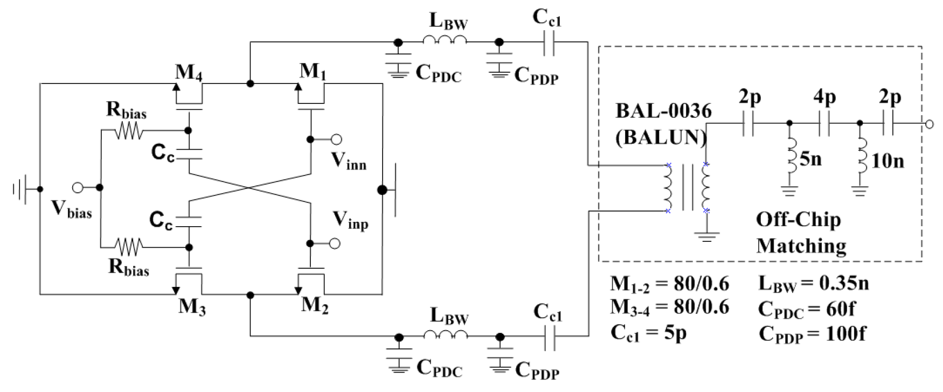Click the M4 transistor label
click(188, 72)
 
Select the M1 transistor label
click(312, 71)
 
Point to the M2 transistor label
click(315, 305)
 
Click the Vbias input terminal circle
click(78, 187)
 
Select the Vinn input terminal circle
click(336, 139)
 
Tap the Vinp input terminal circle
click(335, 243)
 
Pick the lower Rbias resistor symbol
click(129, 247)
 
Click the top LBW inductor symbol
click(445, 41)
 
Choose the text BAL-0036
click(663, 111)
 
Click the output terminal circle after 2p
click(928, 124)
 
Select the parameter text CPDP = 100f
click(812, 334)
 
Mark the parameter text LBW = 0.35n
click(813, 283)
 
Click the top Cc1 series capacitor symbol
click(549, 42)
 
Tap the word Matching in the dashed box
click(801, 246)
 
